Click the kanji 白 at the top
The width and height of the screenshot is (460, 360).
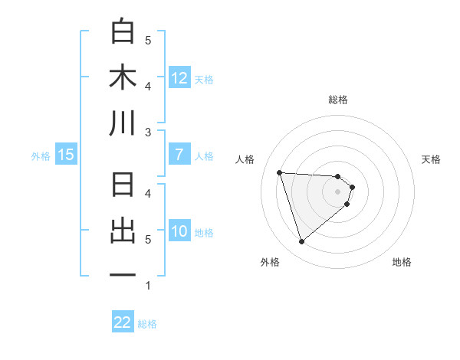point(123,31)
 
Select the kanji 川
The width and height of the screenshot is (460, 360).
point(123,123)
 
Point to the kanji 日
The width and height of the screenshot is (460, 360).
point(123,186)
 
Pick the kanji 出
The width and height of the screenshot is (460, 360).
point(123,231)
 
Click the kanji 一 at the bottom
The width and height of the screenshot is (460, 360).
point(123,276)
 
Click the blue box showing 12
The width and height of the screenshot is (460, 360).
point(179,77)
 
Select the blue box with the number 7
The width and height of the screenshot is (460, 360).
point(179,155)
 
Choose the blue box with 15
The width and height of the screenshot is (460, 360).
point(65,155)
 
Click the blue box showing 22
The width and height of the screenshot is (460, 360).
point(123,322)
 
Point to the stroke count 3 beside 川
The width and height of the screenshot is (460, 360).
point(148,133)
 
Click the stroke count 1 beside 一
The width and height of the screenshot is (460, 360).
point(148,286)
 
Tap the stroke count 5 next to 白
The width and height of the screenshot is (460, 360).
point(148,40)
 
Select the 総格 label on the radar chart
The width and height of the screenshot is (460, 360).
point(338,100)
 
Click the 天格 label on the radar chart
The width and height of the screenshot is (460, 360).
point(431,159)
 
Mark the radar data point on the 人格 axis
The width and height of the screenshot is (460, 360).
point(280,172)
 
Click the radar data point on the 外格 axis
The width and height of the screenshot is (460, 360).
point(301,242)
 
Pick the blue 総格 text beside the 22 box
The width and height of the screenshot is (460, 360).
point(147,323)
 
